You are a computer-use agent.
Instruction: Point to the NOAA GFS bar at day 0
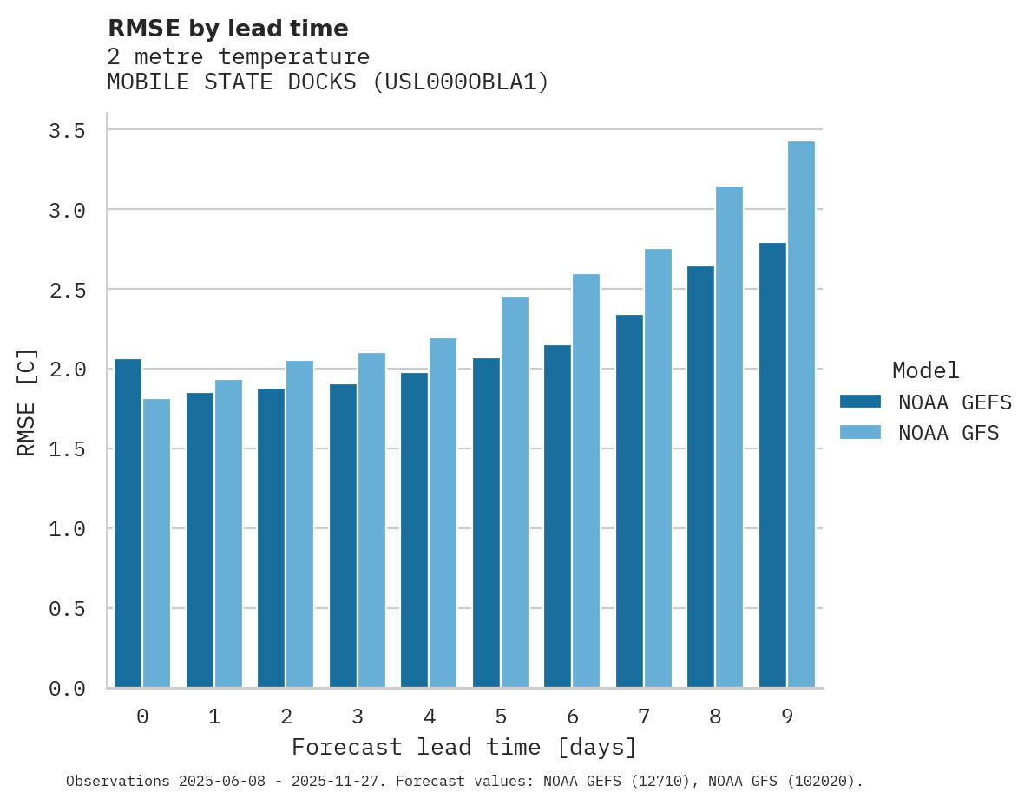point(156,543)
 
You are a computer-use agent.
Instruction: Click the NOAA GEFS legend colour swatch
point(860,402)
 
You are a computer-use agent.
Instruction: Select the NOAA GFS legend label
point(949,433)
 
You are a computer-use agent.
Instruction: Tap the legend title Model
point(925,370)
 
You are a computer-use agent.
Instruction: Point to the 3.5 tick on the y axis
point(67,131)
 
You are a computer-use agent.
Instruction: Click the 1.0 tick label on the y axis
point(67,529)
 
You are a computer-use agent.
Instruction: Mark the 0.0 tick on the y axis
point(67,689)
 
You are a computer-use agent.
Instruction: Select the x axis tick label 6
point(572,717)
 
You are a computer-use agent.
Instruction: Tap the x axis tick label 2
point(286,717)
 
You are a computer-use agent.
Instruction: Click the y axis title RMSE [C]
point(27,402)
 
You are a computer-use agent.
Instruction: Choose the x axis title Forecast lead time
point(464,748)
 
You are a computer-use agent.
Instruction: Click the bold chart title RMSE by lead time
point(228,29)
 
